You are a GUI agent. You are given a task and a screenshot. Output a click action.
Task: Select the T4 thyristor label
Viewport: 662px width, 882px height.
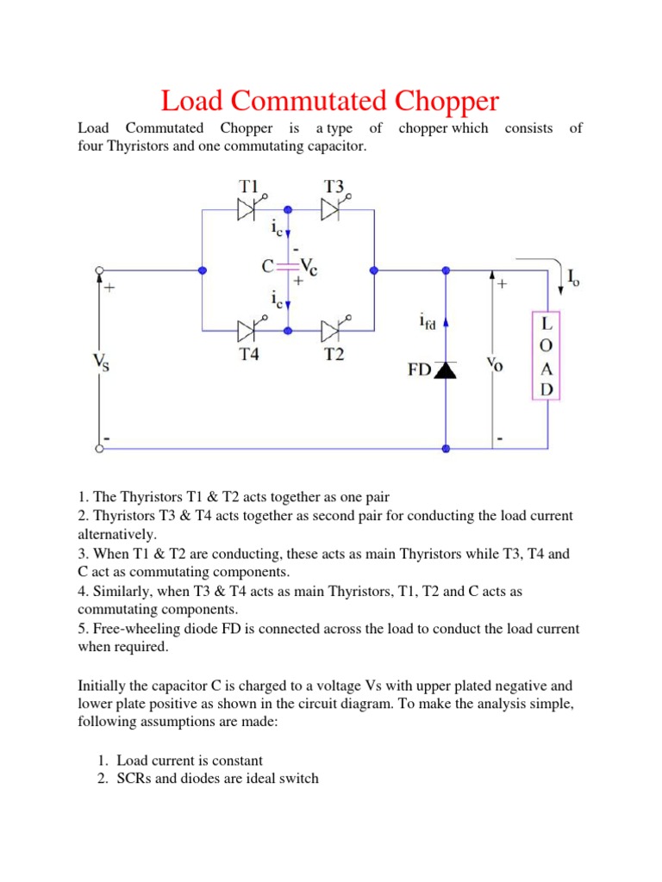tap(249, 353)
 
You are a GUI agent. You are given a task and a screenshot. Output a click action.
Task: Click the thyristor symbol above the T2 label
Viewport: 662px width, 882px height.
tap(333, 330)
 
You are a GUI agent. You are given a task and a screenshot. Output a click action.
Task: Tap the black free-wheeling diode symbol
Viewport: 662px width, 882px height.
tap(446, 370)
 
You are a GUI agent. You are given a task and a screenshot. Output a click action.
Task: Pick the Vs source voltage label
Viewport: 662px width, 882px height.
tap(101, 362)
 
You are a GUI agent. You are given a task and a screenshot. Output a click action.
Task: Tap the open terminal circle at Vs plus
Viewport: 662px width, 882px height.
tap(97, 270)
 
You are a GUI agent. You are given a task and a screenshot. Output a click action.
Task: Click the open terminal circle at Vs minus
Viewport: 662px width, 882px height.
tap(97, 448)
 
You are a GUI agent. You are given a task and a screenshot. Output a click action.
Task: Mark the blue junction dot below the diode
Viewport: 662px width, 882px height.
tap(446, 448)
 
